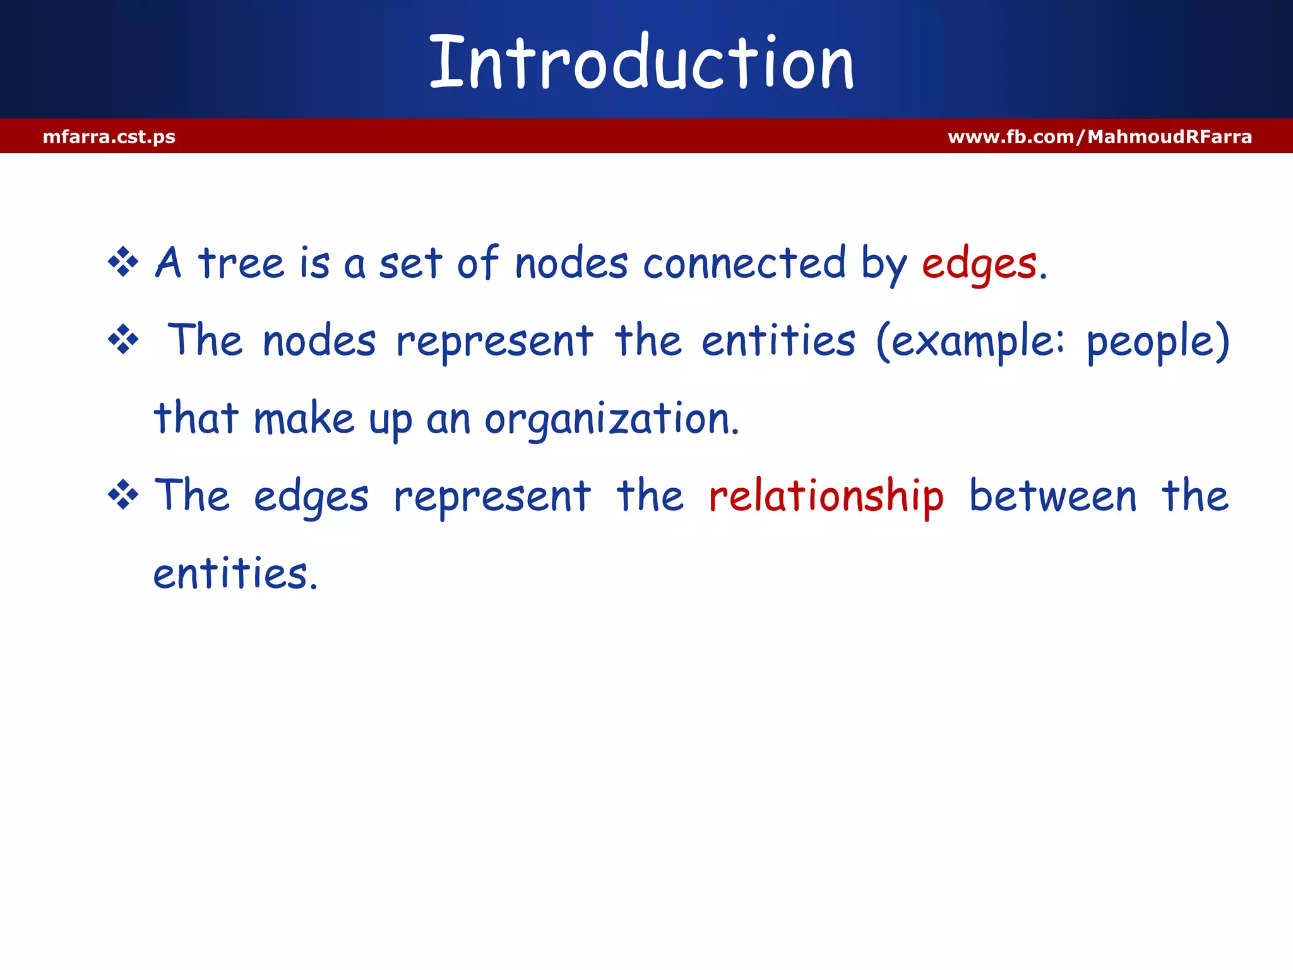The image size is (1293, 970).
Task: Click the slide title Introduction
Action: pyautogui.click(x=641, y=62)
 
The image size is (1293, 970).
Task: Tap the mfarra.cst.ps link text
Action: pyautogui.click(x=109, y=136)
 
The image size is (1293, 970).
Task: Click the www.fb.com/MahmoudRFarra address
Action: pyautogui.click(x=1099, y=136)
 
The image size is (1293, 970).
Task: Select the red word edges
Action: pyautogui.click(x=979, y=264)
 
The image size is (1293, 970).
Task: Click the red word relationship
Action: pyautogui.click(x=826, y=496)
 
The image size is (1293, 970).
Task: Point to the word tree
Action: pyautogui.click(x=241, y=263)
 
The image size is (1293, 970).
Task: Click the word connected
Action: pyautogui.click(x=744, y=263)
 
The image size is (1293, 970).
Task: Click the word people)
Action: pyautogui.click(x=1158, y=342)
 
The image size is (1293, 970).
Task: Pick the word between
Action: pyautogui.click(x=1052, y=496)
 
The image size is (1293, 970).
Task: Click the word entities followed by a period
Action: pyautogui.click(x=235, y=573)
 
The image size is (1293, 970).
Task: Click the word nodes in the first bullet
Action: pyautogui.click(x=571, y=263)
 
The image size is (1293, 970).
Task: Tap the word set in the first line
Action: pyautogui.click(x=410, y=263)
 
